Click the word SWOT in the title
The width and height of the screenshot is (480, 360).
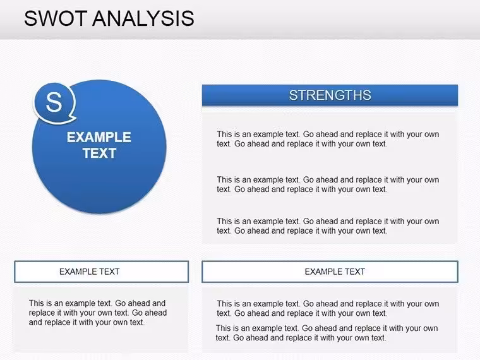pyautogui.click(x=56, y=18)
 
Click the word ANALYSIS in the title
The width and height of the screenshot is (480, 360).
pyautogui.click(x=143, y=18)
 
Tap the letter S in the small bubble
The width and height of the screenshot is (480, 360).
pyautogui.click(x=54, y=102)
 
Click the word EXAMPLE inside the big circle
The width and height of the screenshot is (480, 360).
pyautogui.click(x=99, y=137)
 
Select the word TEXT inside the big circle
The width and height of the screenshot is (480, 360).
pyautogui.click(x=100, y=153)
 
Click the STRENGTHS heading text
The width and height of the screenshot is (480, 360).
pyautogui.click(x=330, y=95)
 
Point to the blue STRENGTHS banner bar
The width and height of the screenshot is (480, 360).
pyautogui.click(x=330, y=95)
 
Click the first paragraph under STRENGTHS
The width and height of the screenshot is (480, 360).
pyautogui.click(x=328, y=139)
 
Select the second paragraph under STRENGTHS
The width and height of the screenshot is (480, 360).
pyautogui.click(x=328, y=184)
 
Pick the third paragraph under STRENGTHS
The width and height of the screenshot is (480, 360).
pyautogui.click(x=328, y=226)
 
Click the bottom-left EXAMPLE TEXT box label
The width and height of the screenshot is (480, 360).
pyautogui.click(x=90, y=272)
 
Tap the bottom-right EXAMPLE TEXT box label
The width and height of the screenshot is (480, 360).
pyautogui.click(x=335, y=272)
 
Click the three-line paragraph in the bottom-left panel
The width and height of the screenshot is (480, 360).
pyautogui.click(x=98, y=313)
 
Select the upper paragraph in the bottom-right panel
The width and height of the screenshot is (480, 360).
pyautogui.click(x=328, y=309)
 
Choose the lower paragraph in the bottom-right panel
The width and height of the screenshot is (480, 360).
pyautogui.click(x=327, y=333)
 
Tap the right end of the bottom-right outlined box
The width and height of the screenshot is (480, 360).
pyautogui.click(x=457, y=272)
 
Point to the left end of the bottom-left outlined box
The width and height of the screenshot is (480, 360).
pyautogui.click(x=15, y=272)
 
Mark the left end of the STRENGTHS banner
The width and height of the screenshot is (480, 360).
pyautogui.click(x=203, y=95)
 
